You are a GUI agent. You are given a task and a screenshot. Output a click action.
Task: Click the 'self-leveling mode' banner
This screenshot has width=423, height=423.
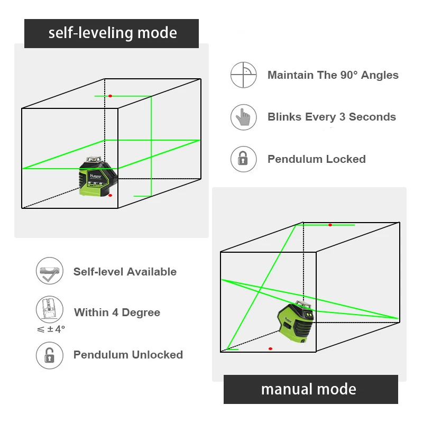pyautogui.click(x=112, y=33)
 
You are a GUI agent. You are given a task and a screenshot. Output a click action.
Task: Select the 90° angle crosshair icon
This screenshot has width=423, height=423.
pyautogui.click(x=244, y=75)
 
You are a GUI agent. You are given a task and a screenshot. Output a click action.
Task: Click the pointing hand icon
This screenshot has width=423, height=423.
pyautogui.click(x=244, y=117)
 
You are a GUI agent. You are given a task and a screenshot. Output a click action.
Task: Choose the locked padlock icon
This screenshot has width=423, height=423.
pyautogui.click(x=244, y=159)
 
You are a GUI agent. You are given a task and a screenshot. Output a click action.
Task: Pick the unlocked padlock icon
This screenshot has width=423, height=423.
pyautogui.click(x=49, y=355)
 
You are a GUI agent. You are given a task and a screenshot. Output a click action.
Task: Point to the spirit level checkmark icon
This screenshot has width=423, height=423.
pyautogui.click(x=49, y=271)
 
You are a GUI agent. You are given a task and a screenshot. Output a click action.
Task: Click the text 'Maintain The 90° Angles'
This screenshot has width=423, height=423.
pyautogui.click(x=333, y=75)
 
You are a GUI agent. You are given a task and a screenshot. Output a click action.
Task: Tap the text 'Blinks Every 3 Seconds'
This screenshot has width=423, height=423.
pyautogui.click(x=332, y=117)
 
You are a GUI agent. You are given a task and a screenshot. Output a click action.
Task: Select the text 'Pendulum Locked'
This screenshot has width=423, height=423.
pyautogui.click(x=316, y=159)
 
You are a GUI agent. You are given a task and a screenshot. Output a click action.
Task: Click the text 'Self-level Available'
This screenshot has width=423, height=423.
pyautogui.click(x=125, y=272)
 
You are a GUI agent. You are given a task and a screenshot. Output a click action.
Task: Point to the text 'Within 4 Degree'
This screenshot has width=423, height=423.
pyautogui.click(x=117, y=312)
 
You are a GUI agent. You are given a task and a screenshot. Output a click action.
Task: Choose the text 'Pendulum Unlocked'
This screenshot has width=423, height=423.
pyautogui.click(x=128, y=355)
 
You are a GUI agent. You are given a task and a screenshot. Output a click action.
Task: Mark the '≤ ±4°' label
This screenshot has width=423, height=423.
pyautogui.click(x=51, y=329)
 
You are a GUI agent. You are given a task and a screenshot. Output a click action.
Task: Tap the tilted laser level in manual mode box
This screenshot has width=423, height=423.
pyautogui.click(x=296, y=324)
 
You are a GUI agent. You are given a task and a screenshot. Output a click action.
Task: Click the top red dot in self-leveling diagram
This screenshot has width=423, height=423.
pyautogui.click(x=111, y=96)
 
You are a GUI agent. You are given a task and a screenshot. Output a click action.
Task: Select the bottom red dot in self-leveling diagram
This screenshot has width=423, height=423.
pyautogui.click(x=110, y=196)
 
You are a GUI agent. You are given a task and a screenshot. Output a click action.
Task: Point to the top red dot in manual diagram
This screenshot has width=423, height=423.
pyautogui.click(x=330, y=225)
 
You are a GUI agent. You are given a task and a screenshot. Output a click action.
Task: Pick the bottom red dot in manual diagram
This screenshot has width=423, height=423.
pyautogui.click(x=270, y=348)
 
